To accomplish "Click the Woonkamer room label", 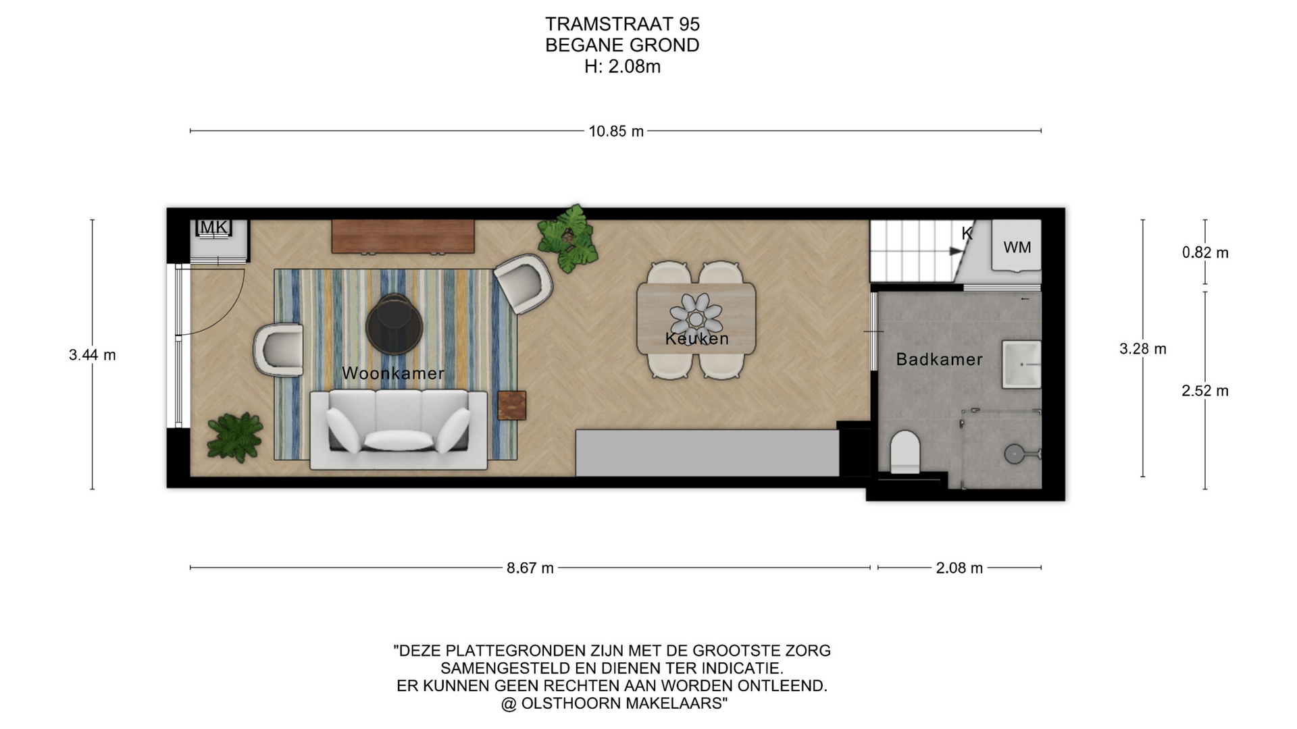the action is click(x=393, y=373).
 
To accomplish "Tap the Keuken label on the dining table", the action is click(x=697, y=339).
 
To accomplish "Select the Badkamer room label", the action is click(x=939, y=359).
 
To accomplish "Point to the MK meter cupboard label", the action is click(x=214, y=227).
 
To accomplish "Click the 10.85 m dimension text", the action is click(x=616, y=132).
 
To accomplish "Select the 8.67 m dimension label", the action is click(x=530, y=568).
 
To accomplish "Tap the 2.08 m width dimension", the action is click(x=959, y=568).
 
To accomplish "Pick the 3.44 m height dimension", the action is click(x=93, y=355).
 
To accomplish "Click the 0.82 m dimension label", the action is click(x=1205, y=252).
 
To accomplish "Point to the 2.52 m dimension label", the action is click(x=1205, y=391).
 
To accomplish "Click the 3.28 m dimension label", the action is click(x=1143, y=349).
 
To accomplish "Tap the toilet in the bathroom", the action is click(x=905, y=453).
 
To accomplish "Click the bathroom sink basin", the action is click(x=1021, y=364).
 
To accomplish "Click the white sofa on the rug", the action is click(x=399, y=430).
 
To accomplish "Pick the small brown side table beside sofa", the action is click(x=512, y=405).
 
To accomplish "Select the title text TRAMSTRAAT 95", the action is click(x=622, y=24).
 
